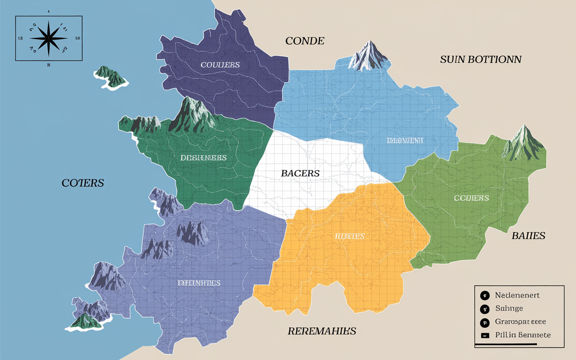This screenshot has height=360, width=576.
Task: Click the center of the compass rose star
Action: (x=49, y=38)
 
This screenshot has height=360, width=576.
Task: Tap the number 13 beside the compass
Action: (x=20, y=38)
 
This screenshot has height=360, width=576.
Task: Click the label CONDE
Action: (x=305, y=41)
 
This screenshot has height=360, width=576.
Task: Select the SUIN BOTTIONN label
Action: (x=481, y=59)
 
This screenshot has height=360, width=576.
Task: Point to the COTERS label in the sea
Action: (x=83, y=183)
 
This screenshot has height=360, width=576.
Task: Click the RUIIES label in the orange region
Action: (x=350, y=236)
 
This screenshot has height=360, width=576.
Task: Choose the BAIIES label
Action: (x=528, y=235)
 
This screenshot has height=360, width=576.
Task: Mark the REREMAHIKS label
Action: (x=322, y=331)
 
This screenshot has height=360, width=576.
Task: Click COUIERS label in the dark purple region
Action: (x=220, y=65)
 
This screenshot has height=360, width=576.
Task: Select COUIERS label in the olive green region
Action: (x=471, y=198)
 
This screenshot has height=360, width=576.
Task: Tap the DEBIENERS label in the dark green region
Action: (x=203, y=158)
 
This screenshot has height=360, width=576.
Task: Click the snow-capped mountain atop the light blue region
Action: (x=369, y=56)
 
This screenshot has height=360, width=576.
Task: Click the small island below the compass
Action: (x=111, y=77)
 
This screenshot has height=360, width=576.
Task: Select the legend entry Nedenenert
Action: (x=517, y=295)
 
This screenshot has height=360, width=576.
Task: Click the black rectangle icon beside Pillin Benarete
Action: (x=485, y=335)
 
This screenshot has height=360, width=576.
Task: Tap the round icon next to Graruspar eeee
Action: (x=485, y=322)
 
